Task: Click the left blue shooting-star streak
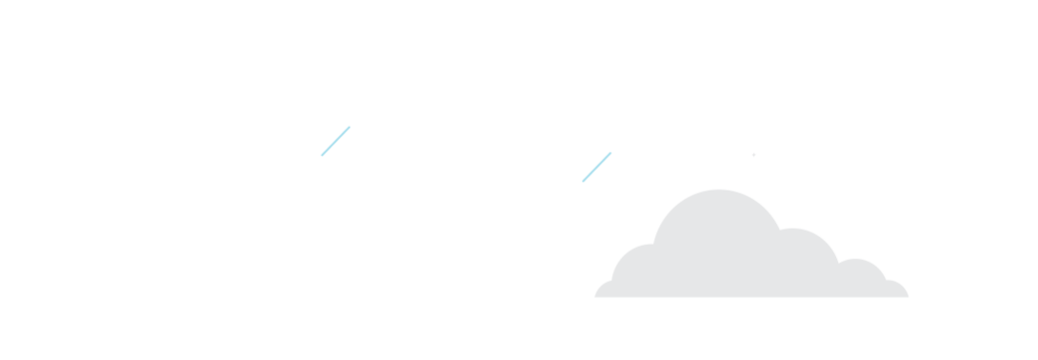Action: [x=334, y=141]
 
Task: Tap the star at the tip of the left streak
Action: [x=352, y=121]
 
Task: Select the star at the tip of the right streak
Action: [x=614, y=148]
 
